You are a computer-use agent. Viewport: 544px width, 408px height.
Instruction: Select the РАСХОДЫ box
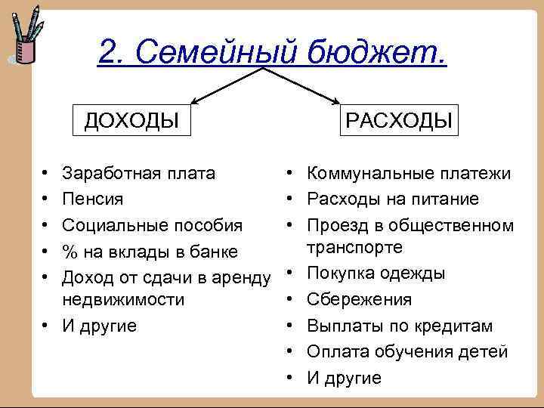[x=399, y=119]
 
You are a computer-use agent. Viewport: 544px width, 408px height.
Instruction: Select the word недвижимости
[x=123, y=299]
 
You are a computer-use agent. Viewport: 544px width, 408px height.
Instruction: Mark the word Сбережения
[x=359, y=299]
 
